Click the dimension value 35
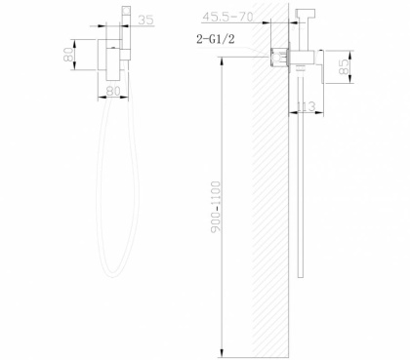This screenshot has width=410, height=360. [x=146, y=19]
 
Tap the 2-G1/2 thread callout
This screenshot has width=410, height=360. [x=218, y=39]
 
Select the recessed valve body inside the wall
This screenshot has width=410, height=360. [x=277, y=57]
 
